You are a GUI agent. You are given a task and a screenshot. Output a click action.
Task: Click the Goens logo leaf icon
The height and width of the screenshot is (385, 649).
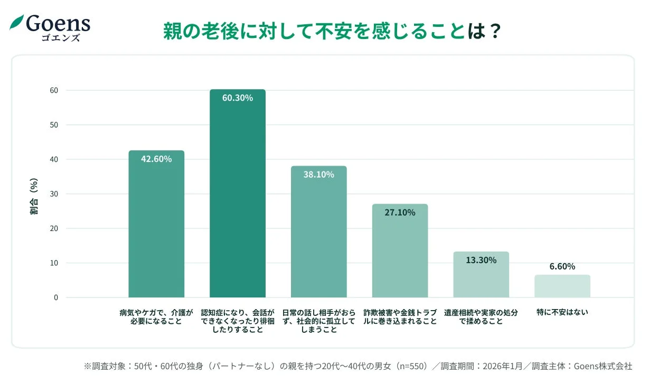(x=17, y=23)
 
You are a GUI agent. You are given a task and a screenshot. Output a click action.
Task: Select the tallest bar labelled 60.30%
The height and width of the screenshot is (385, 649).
(x=238, y=195)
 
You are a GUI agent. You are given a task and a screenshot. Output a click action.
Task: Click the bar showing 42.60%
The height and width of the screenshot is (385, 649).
(x=156, y=227)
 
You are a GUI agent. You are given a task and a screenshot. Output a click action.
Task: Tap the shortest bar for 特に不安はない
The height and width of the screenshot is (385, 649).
(x=562, y=286)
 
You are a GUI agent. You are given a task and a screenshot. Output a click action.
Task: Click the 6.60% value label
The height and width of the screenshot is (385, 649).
(x=562, y=266)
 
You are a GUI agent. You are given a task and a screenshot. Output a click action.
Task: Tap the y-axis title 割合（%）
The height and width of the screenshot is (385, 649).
(x=34, y=196)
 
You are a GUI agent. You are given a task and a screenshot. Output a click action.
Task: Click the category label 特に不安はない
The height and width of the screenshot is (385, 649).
(x=562, y=312)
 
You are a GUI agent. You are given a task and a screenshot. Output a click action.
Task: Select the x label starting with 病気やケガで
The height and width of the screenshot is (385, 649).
(x=156, y=316)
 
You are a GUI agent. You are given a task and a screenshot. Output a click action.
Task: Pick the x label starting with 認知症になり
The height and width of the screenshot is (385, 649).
(x=238, y=321)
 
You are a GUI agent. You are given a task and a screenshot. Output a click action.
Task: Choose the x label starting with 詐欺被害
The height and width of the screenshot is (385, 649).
(x=400, y=316)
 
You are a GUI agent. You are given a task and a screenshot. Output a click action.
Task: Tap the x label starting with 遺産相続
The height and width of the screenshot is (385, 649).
(x=481, y=316)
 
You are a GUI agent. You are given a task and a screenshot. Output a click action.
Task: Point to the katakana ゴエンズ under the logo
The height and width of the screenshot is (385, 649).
(x=61, y=37)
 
